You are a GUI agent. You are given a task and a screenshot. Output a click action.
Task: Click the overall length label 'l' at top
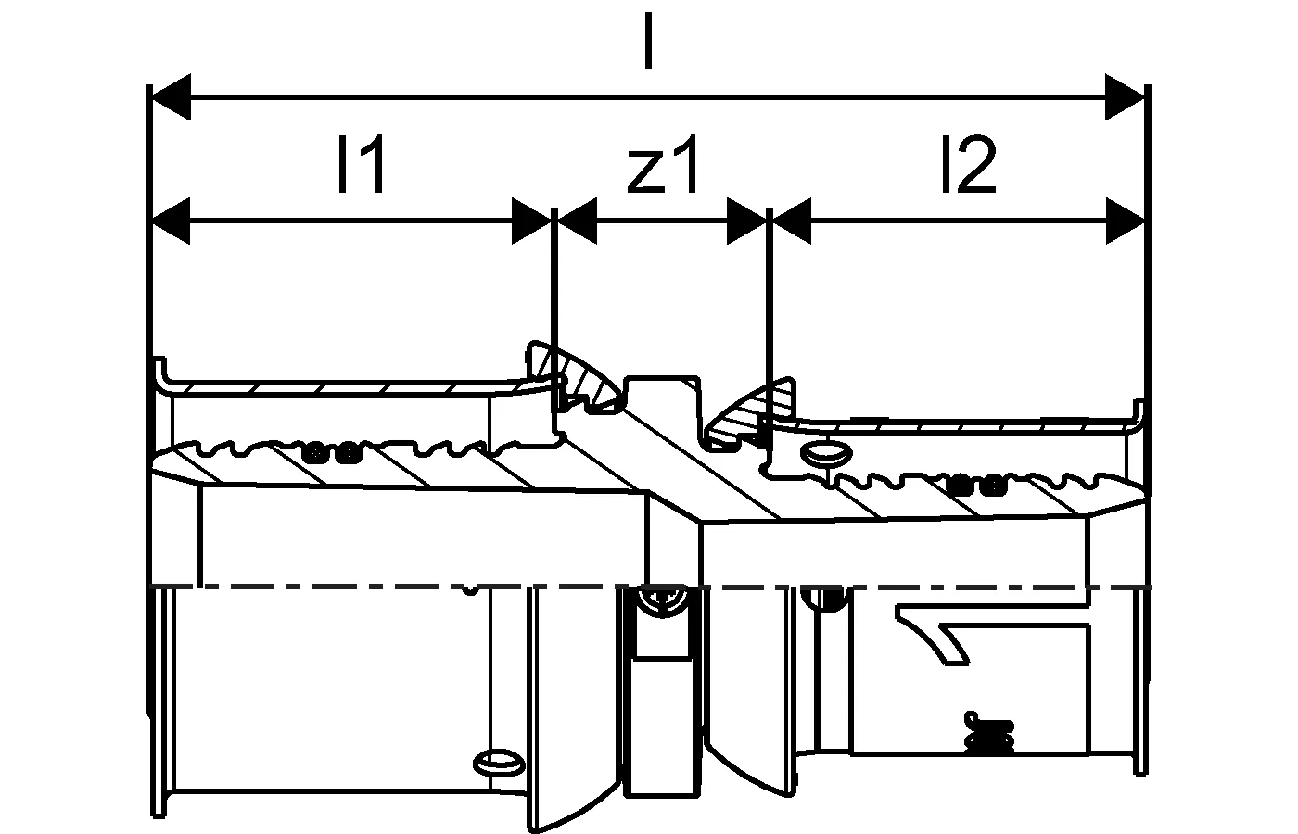(648, 42)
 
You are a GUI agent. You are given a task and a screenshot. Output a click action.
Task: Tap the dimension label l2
(967, 165)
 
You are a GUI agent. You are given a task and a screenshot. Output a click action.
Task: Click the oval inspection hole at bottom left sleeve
(498, 763)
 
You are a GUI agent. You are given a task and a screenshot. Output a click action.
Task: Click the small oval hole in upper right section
(824, 454)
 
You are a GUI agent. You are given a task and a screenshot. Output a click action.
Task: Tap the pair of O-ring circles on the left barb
(330, 454)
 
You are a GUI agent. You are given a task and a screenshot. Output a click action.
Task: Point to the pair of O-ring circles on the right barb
(976, 484)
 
